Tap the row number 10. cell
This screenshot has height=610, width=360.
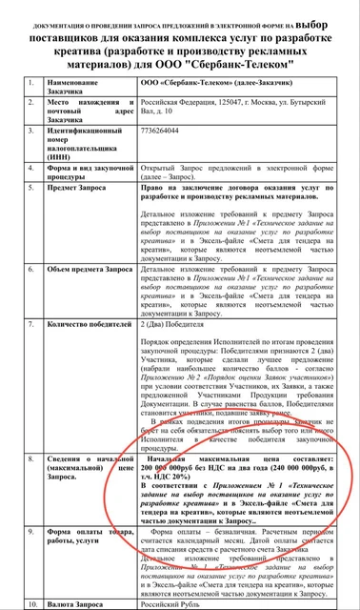[x=34, y=603]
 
